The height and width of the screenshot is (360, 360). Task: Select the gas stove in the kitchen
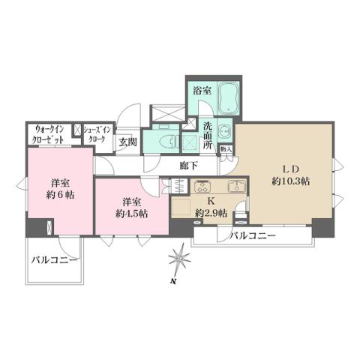202,187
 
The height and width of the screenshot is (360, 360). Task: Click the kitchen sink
233,187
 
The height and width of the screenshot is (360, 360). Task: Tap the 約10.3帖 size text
292,181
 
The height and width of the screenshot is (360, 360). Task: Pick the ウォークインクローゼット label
49,134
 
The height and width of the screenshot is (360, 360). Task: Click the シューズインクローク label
97,133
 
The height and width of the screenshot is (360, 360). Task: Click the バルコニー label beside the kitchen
253,236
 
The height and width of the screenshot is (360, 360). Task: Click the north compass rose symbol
178,260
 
